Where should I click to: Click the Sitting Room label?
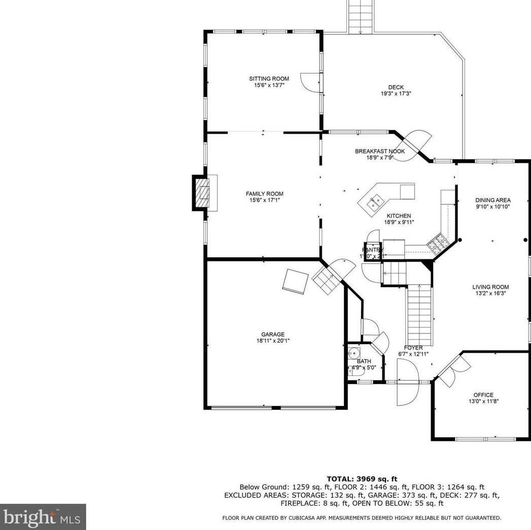269,79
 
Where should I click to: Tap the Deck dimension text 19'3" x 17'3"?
396,94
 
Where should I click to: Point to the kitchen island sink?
375,204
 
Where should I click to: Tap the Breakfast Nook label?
379,151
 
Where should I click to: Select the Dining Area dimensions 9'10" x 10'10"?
492,207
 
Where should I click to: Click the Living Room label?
490,287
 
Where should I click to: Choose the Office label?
483,395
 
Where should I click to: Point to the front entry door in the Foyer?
407,388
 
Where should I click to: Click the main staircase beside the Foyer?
420,314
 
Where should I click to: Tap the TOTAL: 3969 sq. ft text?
362,478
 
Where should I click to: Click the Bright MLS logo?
43,517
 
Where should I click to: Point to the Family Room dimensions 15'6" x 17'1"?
264,200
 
